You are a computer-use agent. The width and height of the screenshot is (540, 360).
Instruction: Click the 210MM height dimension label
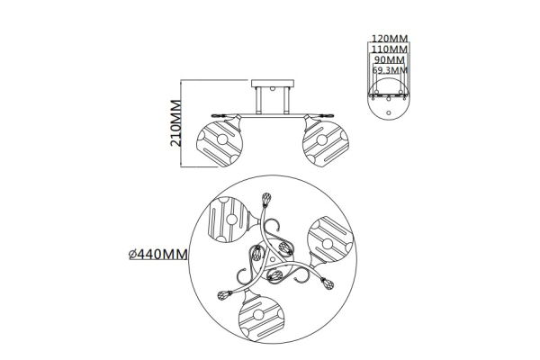175,123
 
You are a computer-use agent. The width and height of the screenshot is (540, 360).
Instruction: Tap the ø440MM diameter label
158,254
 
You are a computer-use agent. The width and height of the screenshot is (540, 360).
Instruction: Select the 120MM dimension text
390,38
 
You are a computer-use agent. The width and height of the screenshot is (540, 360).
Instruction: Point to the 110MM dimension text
390,49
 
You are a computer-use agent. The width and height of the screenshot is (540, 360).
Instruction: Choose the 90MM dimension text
390,60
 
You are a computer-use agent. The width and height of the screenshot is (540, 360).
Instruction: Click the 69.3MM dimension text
390,70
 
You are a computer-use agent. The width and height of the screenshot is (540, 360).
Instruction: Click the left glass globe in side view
220,143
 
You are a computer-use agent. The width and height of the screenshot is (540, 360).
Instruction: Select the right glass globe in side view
326,143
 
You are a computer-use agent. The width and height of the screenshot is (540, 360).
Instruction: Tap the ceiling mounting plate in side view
273,84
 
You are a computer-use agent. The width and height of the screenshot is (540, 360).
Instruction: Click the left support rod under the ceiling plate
258,101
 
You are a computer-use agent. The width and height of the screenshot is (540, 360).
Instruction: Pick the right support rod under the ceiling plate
286,101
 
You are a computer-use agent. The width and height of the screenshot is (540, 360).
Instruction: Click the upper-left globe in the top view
228,220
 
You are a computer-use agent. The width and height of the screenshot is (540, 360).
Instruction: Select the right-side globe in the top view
330,239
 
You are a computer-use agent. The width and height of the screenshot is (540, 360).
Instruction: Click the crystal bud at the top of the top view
266,200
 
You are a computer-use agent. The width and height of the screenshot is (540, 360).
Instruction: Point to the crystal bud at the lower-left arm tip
224,295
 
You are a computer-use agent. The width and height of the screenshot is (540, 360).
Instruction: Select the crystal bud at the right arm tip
328,283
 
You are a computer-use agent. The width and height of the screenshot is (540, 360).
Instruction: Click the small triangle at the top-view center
273,258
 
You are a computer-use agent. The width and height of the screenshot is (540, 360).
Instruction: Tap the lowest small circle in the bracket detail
389,112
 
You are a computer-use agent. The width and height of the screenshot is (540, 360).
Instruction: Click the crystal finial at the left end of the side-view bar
218,116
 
